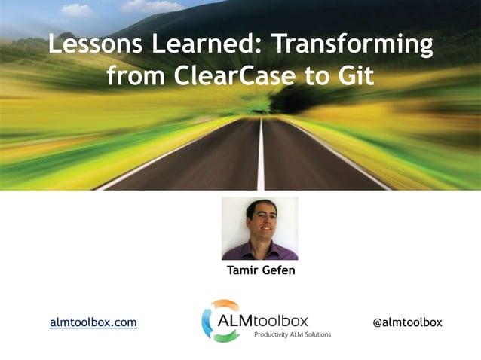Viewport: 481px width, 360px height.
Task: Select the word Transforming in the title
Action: pyautogui.click(x=351, y=44)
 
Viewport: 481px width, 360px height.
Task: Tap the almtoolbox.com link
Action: pyautogui.click(x=93, y=322)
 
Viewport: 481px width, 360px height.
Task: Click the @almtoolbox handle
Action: pyautogui.click(x=407, y=322)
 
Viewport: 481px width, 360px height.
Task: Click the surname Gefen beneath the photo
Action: pyautogui.click(x=278, y=270)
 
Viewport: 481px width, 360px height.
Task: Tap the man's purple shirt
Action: pyautogui.click(x=261, y=251)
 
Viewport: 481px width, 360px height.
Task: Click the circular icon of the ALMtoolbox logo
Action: pyautogui.click(x=219, y=321)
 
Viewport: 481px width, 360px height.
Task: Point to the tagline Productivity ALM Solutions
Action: pyautogui.click(x=293, y=334)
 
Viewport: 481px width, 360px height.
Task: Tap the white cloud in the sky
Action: pyautogui.click(x=75, y=10)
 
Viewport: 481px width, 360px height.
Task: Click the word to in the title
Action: pyautogui.click(x=324, y=76)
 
